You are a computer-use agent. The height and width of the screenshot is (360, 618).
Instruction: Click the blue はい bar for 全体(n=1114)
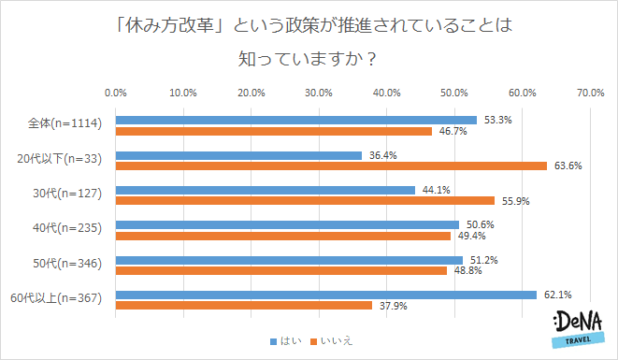point(295,120)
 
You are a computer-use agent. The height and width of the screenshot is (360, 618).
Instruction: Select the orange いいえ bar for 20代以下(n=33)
point(331,166)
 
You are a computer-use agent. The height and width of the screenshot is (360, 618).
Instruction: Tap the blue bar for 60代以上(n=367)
point(325,295)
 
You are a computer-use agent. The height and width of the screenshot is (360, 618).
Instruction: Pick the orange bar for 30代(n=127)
point(305,200)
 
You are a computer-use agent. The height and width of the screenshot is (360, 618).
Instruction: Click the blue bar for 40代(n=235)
point(287,224)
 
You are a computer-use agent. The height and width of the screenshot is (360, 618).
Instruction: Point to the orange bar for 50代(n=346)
point(280,270)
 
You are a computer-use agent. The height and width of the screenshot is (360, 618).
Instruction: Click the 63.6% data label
point(568,166)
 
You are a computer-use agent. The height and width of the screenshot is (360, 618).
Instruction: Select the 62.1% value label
point(557,295)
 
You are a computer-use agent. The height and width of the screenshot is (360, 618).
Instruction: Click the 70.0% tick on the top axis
point(589,93)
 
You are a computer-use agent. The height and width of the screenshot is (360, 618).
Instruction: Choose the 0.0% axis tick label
point(115,93)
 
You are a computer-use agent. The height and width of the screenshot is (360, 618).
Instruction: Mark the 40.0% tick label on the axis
point(386,93)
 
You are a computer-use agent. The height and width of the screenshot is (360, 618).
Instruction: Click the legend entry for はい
point(285,341)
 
